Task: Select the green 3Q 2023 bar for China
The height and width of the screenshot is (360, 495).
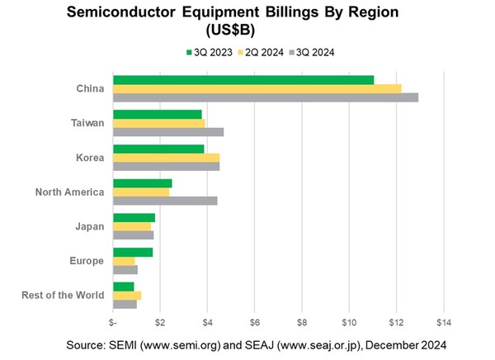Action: coord(243,80)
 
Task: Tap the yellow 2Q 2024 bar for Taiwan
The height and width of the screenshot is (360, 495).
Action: coord(158,123)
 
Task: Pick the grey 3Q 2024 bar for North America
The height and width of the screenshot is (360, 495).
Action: coord(165,201)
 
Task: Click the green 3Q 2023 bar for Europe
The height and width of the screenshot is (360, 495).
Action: coord(133,252)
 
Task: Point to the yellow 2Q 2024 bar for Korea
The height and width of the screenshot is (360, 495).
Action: coord(166,158)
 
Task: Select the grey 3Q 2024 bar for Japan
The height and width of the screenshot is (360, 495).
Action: coord(134,235)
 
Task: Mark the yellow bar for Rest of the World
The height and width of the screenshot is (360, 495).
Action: coord(127,295)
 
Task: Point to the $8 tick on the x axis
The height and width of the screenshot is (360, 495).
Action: coord(302,320)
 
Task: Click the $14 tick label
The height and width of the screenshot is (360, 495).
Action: coord(444,320)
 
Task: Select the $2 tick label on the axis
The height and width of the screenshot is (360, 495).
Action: coord(160,320)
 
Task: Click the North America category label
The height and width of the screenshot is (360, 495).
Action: coord(69,192)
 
